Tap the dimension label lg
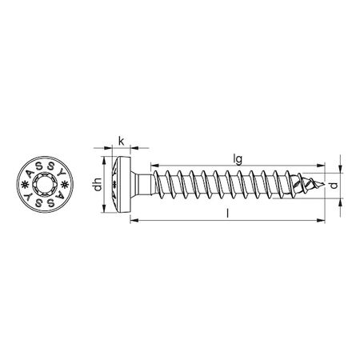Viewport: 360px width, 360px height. [238, 159]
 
